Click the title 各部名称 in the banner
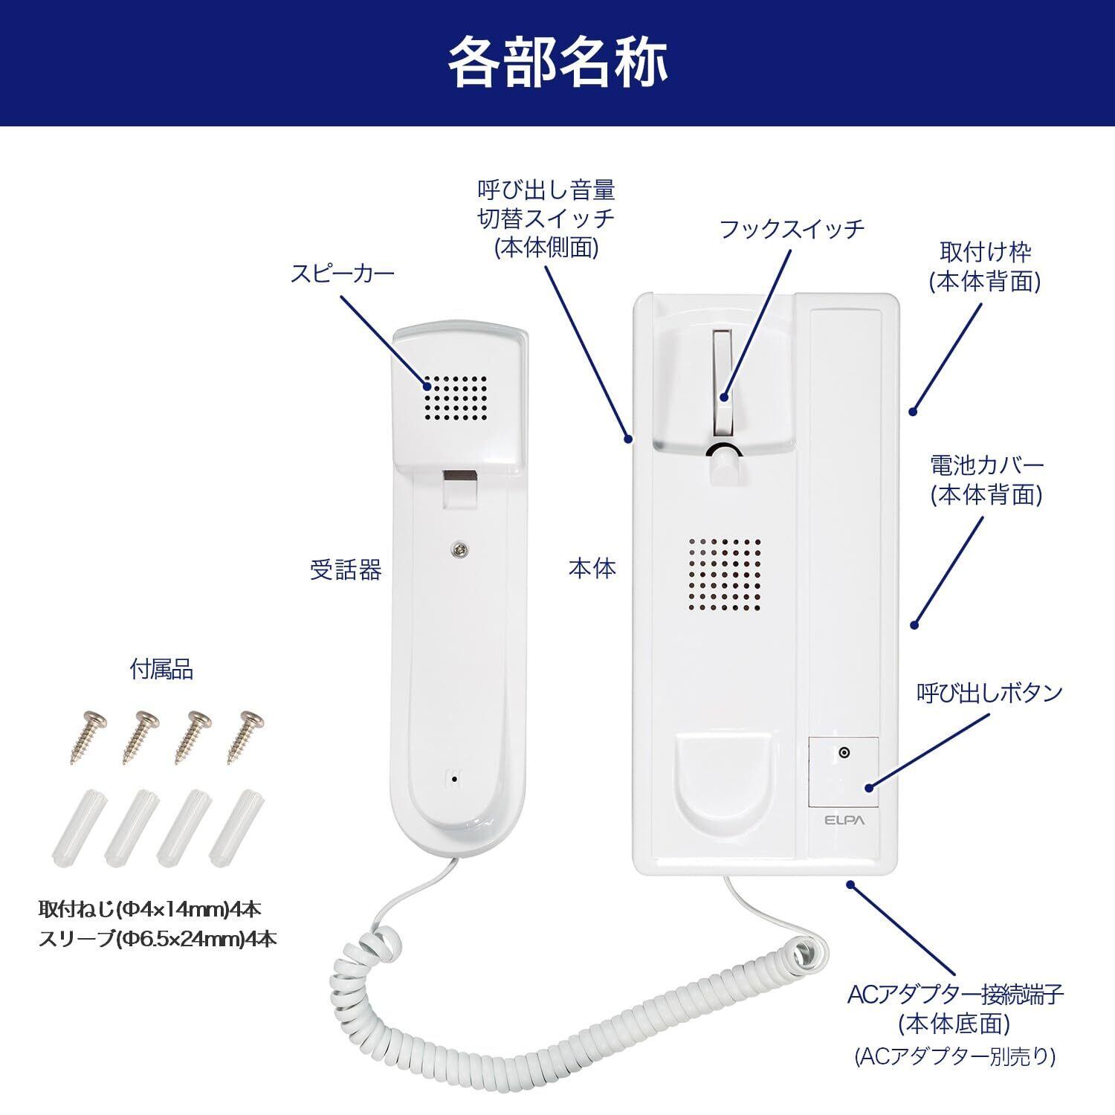557,62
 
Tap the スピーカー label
342,274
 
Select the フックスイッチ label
792,228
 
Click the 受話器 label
346,570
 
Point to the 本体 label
592,569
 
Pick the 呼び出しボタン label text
989,693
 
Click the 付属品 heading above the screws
161,670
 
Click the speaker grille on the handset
456,398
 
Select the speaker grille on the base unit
723,575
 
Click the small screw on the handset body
462,549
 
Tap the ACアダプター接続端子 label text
956,995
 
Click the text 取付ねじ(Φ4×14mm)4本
149,908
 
